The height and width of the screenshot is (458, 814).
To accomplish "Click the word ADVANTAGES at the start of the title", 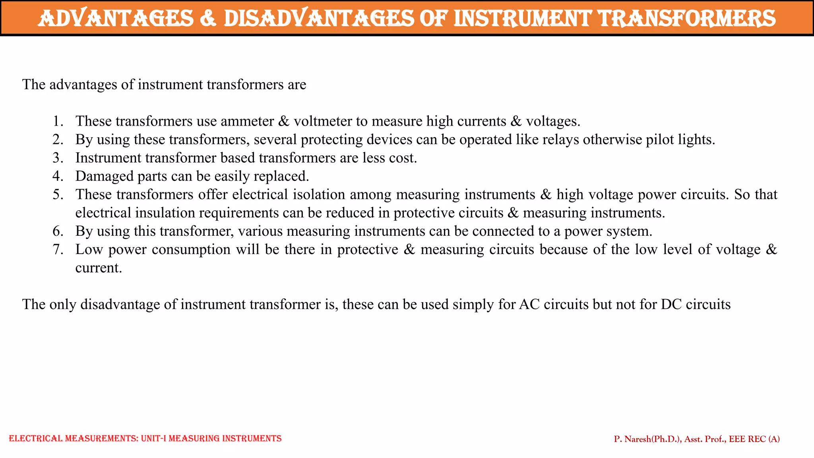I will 116,18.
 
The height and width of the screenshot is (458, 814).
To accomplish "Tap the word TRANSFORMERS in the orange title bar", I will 687,18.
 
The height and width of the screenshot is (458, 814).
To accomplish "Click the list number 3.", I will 58,158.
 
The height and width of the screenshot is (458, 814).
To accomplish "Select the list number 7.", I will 58,249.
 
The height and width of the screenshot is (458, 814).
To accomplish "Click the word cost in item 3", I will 402,158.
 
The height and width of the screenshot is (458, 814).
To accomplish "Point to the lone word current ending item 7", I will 98,268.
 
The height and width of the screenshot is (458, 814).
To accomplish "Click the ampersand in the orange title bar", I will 208,18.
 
